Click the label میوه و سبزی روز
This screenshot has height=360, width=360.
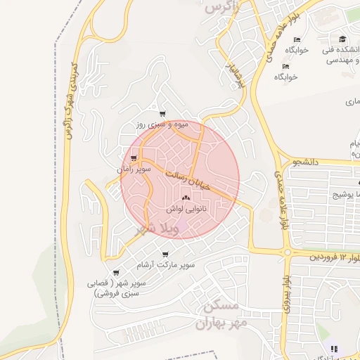(162, 124)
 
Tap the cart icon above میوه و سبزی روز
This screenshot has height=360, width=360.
(162, 114)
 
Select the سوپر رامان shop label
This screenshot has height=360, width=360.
(134, 169)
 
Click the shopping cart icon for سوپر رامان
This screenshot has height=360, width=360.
(134, 158)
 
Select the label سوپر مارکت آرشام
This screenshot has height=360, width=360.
(165, 264)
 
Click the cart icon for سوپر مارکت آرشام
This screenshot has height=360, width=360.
(165, 254)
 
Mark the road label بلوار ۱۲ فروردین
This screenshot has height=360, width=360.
(334, 258)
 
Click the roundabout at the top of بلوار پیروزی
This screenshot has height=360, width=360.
(287, 251)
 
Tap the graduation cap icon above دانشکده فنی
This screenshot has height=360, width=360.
(342, 39)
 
